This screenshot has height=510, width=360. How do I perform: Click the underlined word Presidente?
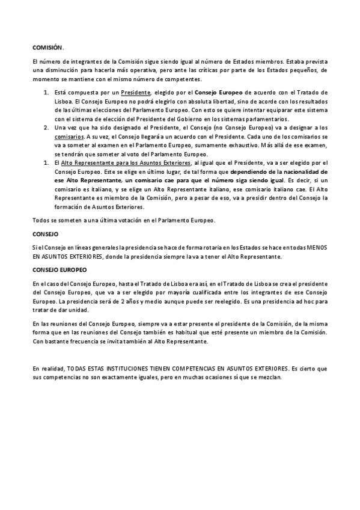[136, 94]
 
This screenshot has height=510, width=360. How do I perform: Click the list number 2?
[46, 128]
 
